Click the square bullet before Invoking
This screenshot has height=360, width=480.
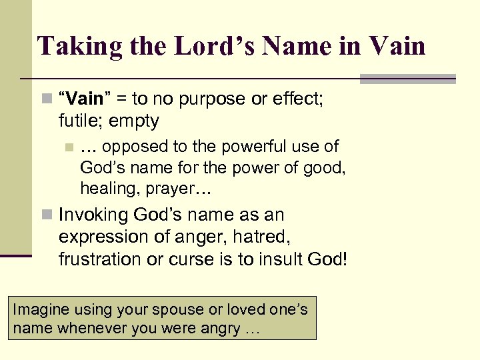click(x=46, y=215)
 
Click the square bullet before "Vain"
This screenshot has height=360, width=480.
click(x=46, y=99)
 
